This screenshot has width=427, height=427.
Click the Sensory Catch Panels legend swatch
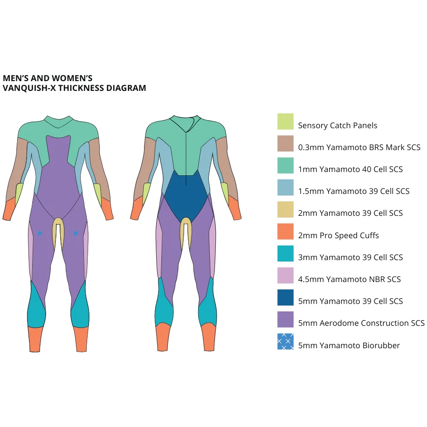tap(285, 122)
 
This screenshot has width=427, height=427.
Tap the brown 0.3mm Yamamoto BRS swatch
tap(285, 144)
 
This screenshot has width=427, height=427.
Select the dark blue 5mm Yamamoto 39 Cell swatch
tap(285, 297)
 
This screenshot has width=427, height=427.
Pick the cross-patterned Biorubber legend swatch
tap(285, 342)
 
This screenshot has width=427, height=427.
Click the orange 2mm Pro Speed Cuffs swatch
tap(285, 232)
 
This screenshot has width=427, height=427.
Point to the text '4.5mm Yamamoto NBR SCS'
tap(350, 279)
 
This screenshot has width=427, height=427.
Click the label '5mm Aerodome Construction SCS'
tap(361, 323)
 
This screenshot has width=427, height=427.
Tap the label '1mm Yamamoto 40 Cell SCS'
tap(351, 169)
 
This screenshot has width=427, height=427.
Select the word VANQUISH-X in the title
tap(29, 88)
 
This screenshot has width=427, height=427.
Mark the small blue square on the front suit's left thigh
tap(40, 234)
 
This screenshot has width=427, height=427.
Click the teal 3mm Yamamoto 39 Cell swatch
tap(285, 254)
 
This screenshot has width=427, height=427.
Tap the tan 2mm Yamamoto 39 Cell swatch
tap(285, 209)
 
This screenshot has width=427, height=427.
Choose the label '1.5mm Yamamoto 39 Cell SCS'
tap(354, 191)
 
